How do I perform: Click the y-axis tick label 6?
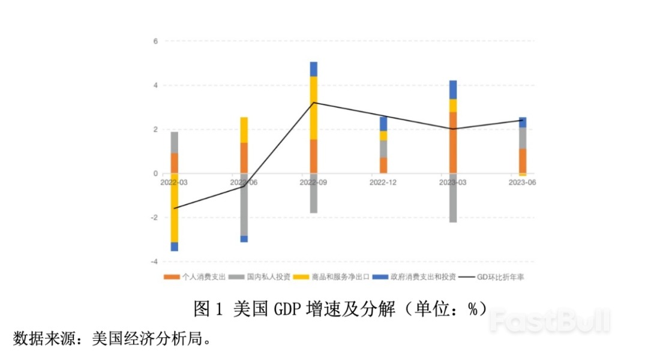tap(155, 41)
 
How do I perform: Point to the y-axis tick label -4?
tap(154, 262)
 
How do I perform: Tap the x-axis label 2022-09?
tap(313, 182)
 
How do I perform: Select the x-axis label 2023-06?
tap(522, 182)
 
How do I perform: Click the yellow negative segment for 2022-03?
tap(175, 208)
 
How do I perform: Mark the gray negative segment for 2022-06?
tap(244, 205)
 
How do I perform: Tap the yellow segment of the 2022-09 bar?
tap(314, 108)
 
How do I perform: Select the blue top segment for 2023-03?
tap(453, 89)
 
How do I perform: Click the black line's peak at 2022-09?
tap(314, 103)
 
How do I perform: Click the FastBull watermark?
tap(548, 321)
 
